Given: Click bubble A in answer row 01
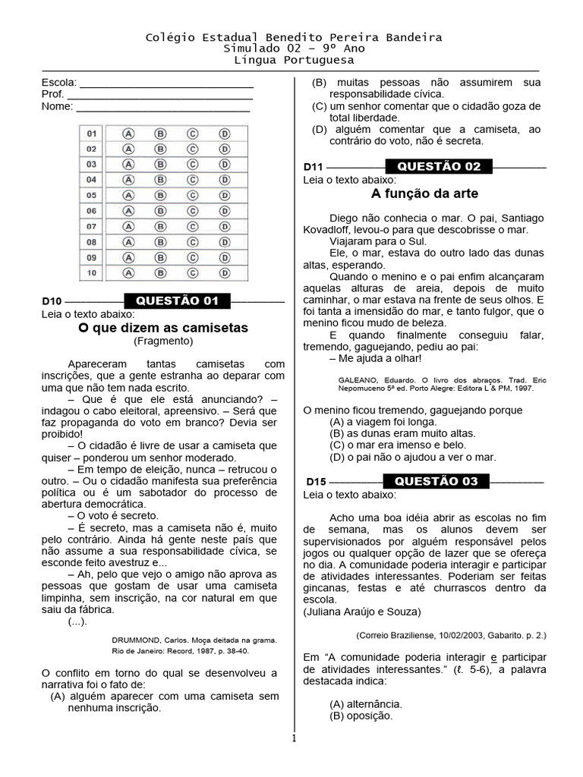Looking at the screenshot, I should (x=128, y=133).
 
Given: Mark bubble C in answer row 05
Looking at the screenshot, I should (x=193, y=195).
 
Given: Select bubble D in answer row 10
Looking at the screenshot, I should (x=225, y=272).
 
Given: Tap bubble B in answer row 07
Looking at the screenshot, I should (x=160, y=226).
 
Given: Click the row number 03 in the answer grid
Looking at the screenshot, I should (x=91, y=164).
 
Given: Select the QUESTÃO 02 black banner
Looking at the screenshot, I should (x=439, y=166).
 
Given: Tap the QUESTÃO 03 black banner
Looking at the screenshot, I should (x=436, y=481).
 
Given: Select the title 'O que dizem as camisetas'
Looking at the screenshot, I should (x=163, y=328).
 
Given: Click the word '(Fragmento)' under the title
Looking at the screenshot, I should (x=163, y=341).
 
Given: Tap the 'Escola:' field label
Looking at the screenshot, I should (x=58, y=82).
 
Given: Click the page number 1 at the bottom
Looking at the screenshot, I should (x=294, y=738).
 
